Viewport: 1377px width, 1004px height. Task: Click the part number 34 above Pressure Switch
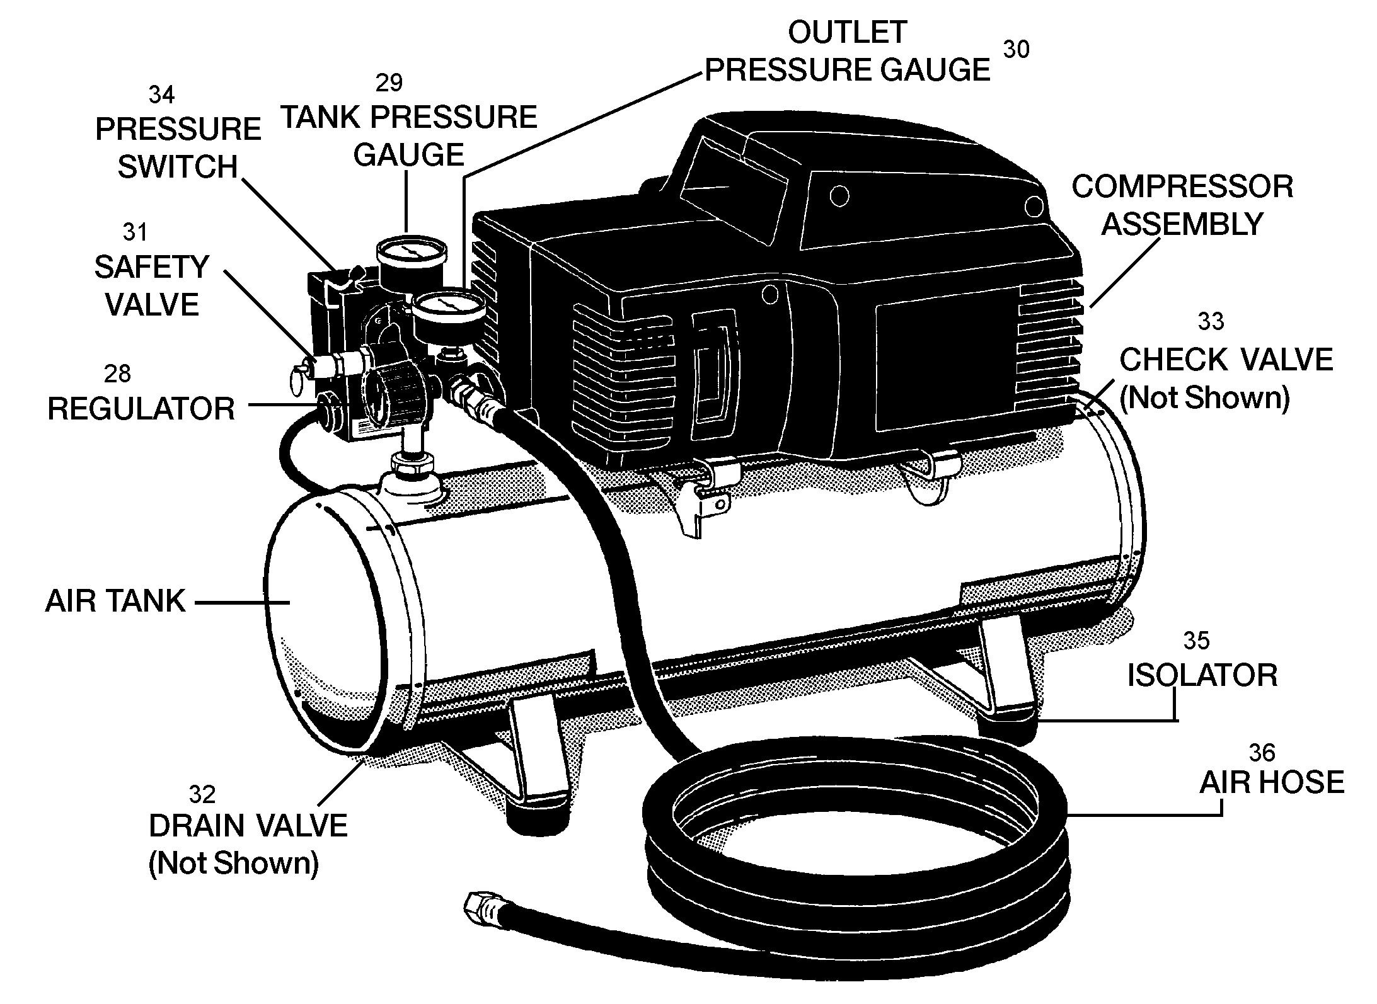point(161,95)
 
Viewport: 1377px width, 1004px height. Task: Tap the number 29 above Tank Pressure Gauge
point(389,83)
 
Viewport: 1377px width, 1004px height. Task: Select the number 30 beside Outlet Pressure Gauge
point(1015,50)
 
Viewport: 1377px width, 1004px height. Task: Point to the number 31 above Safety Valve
point(135,232)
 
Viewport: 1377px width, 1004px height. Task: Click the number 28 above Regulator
point(117,374)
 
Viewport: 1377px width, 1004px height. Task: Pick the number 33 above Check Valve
point(1210,322)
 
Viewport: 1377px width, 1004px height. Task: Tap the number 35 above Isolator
point(1196,641)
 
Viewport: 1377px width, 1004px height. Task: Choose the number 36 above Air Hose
point(1262,753)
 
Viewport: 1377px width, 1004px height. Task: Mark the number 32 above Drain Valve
point(202,795)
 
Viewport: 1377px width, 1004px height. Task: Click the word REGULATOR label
point(141,409)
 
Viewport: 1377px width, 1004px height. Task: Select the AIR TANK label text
point(115,602)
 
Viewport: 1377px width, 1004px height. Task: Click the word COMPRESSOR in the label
point(1182,187)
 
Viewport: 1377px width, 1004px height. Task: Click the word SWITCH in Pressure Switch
point(178,168)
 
